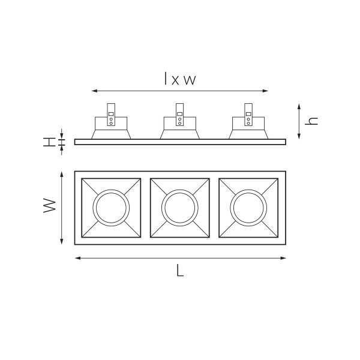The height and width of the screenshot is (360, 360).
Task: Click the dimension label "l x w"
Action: (x=180, y=79)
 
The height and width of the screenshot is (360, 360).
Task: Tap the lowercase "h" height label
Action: (x=311, y=120)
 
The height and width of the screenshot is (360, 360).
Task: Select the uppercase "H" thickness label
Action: (x=49, y=142)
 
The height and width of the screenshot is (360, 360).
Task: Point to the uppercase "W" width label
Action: (x=50, y=207)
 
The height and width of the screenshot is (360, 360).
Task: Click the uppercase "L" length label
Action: (x=180, y=271)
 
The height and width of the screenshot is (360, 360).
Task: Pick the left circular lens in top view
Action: (x=110, y=208)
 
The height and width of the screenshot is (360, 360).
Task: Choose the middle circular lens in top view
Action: (x=179, y=208)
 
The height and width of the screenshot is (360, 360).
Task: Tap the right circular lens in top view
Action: (x=248, y=208)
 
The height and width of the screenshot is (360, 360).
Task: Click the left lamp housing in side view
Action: (x=110, y=127)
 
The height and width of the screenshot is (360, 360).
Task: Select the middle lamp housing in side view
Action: (x=179, y=127)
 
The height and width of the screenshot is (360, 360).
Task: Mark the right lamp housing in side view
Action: (x=248, y=127)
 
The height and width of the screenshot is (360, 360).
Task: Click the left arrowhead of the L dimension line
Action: (x=76, y=258)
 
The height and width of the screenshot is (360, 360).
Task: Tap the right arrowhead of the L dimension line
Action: (x=284, y=258)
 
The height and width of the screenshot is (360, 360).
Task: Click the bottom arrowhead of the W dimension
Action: (x=62, y=242)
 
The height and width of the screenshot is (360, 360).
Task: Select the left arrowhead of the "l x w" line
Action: (x=93, y=91)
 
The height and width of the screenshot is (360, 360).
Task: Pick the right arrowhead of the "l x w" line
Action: (x=267, y=91)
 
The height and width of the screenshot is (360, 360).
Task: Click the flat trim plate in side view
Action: (x=180, y=142)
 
